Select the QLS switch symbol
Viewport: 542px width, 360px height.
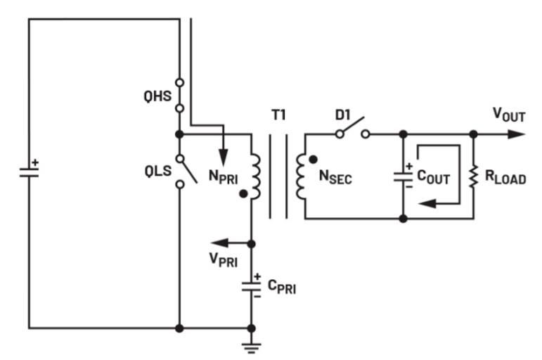183,169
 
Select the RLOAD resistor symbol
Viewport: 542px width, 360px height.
473,176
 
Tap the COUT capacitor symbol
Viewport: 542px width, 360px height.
403,176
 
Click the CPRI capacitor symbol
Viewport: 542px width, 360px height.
252,287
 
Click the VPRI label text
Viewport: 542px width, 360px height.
224,261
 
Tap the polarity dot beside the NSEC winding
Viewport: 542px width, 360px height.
312,159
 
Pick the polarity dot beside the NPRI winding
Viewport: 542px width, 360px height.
243,192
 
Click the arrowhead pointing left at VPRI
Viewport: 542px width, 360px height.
218,243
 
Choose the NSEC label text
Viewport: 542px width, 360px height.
335,178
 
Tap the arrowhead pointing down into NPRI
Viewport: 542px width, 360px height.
223,156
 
